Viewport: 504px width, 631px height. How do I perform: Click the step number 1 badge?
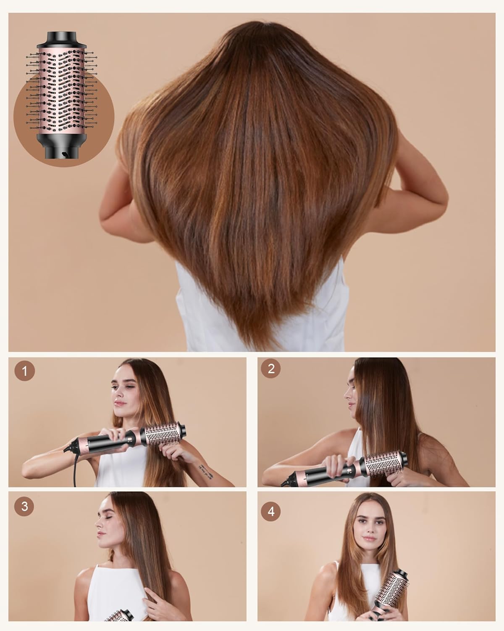25,371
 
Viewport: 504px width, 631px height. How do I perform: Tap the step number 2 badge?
271,369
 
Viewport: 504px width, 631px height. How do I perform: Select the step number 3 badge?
24,506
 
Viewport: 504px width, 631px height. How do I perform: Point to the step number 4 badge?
271,512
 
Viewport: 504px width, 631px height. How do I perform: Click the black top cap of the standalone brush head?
61,40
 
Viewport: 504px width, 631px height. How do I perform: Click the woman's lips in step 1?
120,403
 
